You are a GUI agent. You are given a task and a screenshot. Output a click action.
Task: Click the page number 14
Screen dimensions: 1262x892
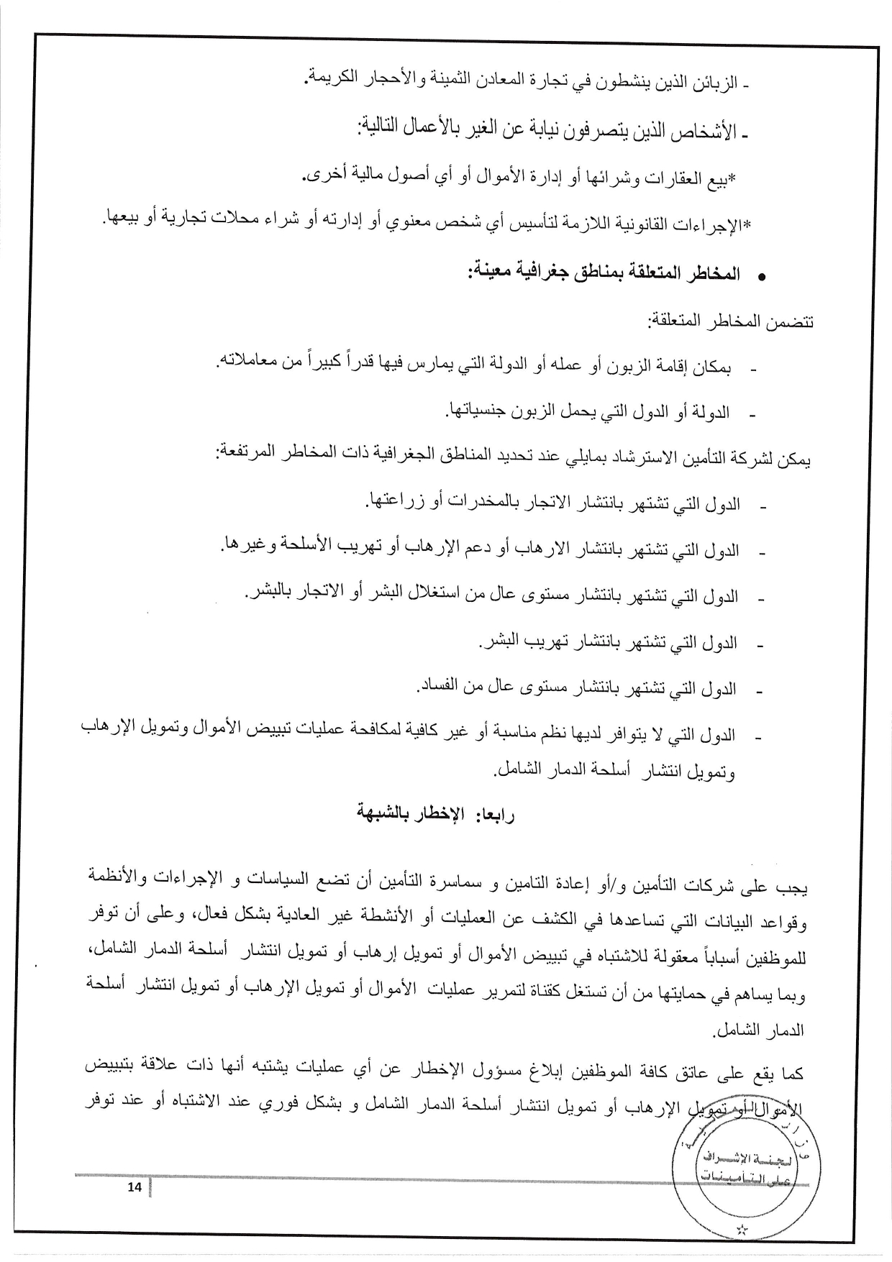[134, 1187]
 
